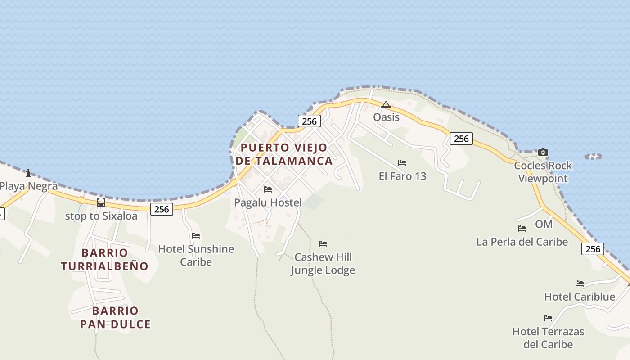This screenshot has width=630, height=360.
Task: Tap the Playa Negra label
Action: pyautogui.click(x=29, y=186)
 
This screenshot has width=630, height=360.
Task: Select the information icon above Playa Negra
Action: pyautogui.click(x=29, y=173)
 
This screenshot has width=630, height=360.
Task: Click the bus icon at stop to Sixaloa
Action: pyautogui.click(x=101, y=202)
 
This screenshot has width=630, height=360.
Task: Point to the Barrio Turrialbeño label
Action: pyautogui.click(x=105, y=259)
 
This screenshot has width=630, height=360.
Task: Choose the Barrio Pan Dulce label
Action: pyautogui.click(x=115, y=317)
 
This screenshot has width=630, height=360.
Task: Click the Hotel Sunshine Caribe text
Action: pyautogui.click(x=196, y=255)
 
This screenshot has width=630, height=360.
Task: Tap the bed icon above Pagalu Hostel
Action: pyautogui.click(x=268, y=189)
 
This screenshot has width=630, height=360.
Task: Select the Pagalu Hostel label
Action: pyautogui.click(x=268, y=202)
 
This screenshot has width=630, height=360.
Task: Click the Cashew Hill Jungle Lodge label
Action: pyautogui.click(x=323, y=264)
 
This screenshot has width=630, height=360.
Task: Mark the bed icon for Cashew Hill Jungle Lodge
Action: pyautogui.click(x=323, y=244)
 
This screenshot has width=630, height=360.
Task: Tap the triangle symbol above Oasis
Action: pyautogui.click(x=386, y=105)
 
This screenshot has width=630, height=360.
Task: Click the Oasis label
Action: pyautogui.click(x=386, y=117)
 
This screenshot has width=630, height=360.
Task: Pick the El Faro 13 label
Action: pyautogui.click(x=402, y=176)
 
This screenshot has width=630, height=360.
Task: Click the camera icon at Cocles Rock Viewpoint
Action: pyautogui.click(x=543, y=153)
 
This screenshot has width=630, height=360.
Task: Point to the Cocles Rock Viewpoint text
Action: pyautogui.click(x=543, y=172)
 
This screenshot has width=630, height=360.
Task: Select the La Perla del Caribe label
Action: pyautogui.click(x=522, y=242)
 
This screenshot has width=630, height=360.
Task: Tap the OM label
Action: pyautogui.click(x=544, y=224)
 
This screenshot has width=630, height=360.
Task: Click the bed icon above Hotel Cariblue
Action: pyautogui.click(x=580, y=283)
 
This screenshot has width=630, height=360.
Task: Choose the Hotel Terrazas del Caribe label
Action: pyautogui.click(x=548, y=338)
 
